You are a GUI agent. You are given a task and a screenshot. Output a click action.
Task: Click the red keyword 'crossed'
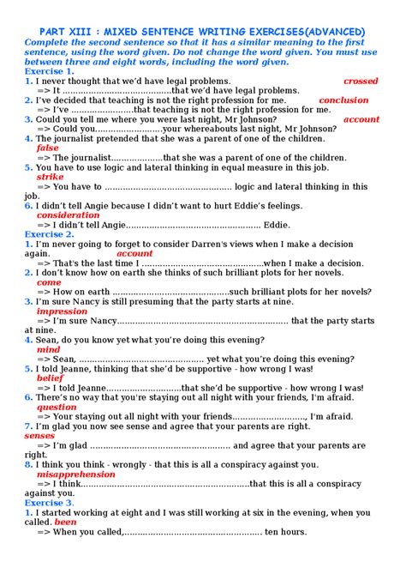click(360, 81)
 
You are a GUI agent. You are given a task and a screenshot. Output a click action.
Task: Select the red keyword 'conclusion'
click(343, 100)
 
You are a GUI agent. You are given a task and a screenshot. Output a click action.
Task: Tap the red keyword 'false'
click(48, 148)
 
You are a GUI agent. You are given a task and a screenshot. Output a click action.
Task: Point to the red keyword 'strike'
click(51, 177)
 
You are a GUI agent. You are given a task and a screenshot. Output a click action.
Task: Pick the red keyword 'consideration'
click(69, 215)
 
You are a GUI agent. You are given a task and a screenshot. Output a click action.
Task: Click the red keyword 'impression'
click(62, 311)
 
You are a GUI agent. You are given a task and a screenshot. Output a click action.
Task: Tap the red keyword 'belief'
click(51, 378)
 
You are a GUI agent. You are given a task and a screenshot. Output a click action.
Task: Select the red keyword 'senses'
click(39, 436)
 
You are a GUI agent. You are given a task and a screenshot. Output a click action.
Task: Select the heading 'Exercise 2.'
click(50, 234)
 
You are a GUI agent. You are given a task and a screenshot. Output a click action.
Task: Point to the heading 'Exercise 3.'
click(50, 503)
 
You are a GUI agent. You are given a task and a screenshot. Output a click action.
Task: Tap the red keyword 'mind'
click(49, 349)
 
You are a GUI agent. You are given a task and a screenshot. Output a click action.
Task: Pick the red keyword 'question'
click(57, 407)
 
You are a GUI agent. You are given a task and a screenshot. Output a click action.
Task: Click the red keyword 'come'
click(49, 282)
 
